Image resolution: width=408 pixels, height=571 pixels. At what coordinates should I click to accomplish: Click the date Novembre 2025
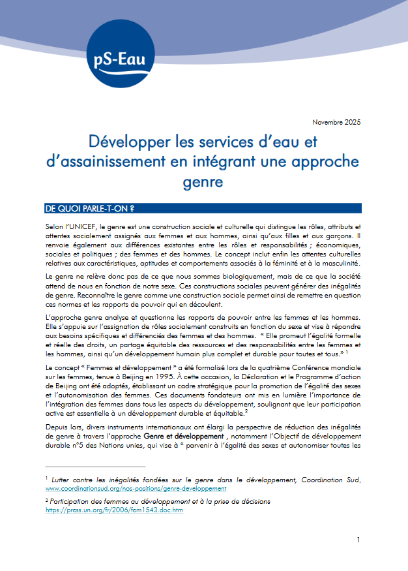tap(336, 122)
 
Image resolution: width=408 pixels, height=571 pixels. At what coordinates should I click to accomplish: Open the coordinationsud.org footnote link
tap(136, 487)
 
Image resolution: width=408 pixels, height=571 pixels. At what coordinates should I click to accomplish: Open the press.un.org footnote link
tap(114, 510)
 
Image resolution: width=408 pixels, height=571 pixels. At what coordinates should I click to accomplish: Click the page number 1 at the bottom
tap(358, 540)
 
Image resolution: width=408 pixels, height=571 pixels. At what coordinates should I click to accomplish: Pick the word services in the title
tap(235, 141)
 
